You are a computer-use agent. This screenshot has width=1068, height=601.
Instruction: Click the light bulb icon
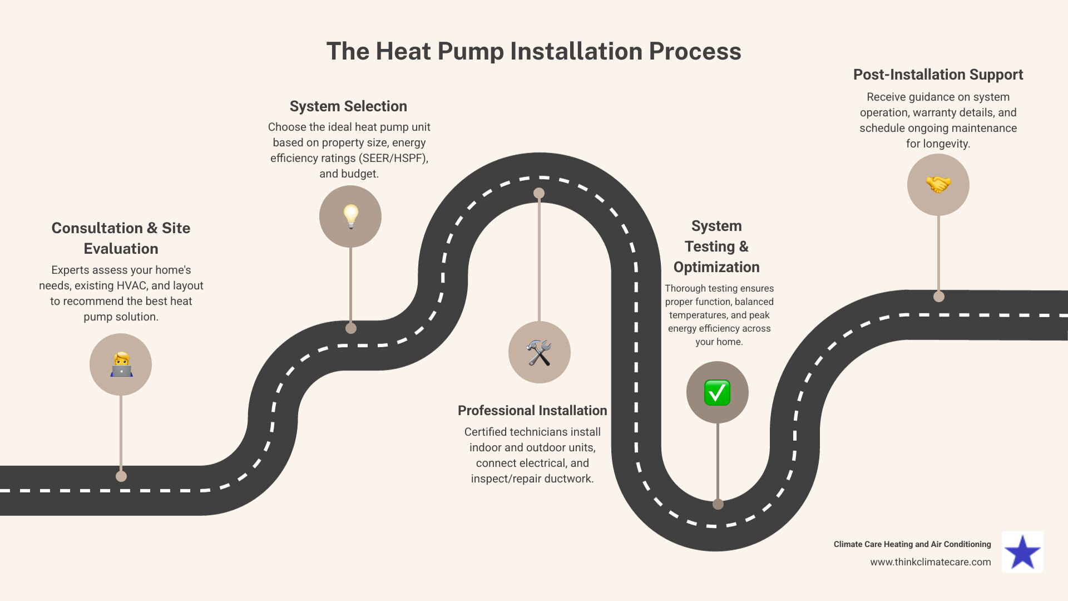350,216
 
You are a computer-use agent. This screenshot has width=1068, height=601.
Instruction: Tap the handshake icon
938,185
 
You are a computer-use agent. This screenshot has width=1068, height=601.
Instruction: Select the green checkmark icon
717,393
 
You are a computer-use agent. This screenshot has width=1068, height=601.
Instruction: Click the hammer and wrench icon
539,353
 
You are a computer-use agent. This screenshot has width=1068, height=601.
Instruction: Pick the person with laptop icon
121,365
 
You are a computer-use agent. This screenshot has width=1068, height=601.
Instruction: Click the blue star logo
1022,553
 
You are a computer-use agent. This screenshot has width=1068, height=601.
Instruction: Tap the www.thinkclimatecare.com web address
930,562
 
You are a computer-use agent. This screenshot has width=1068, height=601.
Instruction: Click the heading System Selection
348,106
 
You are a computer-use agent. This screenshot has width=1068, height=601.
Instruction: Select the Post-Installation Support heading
938,75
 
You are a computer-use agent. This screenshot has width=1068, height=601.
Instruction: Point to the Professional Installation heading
532,411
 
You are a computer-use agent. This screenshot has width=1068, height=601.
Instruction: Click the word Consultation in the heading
97,228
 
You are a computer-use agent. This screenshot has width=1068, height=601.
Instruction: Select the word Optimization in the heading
716,267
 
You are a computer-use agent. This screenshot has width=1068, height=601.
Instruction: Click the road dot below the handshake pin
938,297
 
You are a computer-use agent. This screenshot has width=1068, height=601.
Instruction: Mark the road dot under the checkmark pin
718,504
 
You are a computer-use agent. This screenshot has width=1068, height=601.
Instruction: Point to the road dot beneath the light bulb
350,328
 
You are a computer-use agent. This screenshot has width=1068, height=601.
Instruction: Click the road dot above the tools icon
539,193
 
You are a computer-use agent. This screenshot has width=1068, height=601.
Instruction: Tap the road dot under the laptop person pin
121,476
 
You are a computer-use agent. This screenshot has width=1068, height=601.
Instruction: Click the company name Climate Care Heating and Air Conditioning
912,544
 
